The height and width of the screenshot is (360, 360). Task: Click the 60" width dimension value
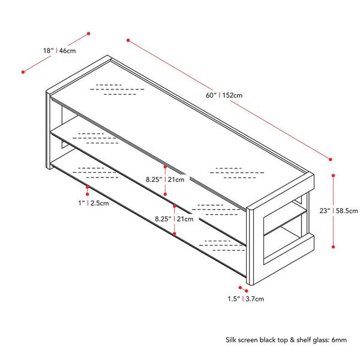click(211, 95)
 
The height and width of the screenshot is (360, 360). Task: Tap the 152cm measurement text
click(232, 95)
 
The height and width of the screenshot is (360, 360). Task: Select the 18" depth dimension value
click(49, 50)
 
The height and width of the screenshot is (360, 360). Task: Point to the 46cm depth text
click(67, 50)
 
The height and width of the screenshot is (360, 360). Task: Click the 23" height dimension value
click(325, 211)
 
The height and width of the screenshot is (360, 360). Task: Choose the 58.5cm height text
click(347, 211)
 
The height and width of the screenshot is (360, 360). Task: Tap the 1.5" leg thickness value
click(234, 299)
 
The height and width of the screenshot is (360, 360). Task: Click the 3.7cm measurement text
click(255, 299)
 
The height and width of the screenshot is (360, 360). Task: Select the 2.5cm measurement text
click(100, 203)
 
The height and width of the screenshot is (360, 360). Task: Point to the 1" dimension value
click(82, 203)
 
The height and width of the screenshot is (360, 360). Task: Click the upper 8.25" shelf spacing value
click(154, 179)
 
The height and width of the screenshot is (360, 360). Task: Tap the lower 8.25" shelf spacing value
click(163, 219)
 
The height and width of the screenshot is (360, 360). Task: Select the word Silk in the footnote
click(231, 340)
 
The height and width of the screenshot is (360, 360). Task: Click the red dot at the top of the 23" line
click(334, 175)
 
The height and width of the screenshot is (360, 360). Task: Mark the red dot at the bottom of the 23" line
click(334, 247)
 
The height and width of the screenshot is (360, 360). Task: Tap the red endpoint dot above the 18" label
click(89, 34)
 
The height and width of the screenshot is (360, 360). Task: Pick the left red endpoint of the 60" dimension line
click(128, 40)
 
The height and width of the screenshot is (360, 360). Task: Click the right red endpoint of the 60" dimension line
click(331, 160)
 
